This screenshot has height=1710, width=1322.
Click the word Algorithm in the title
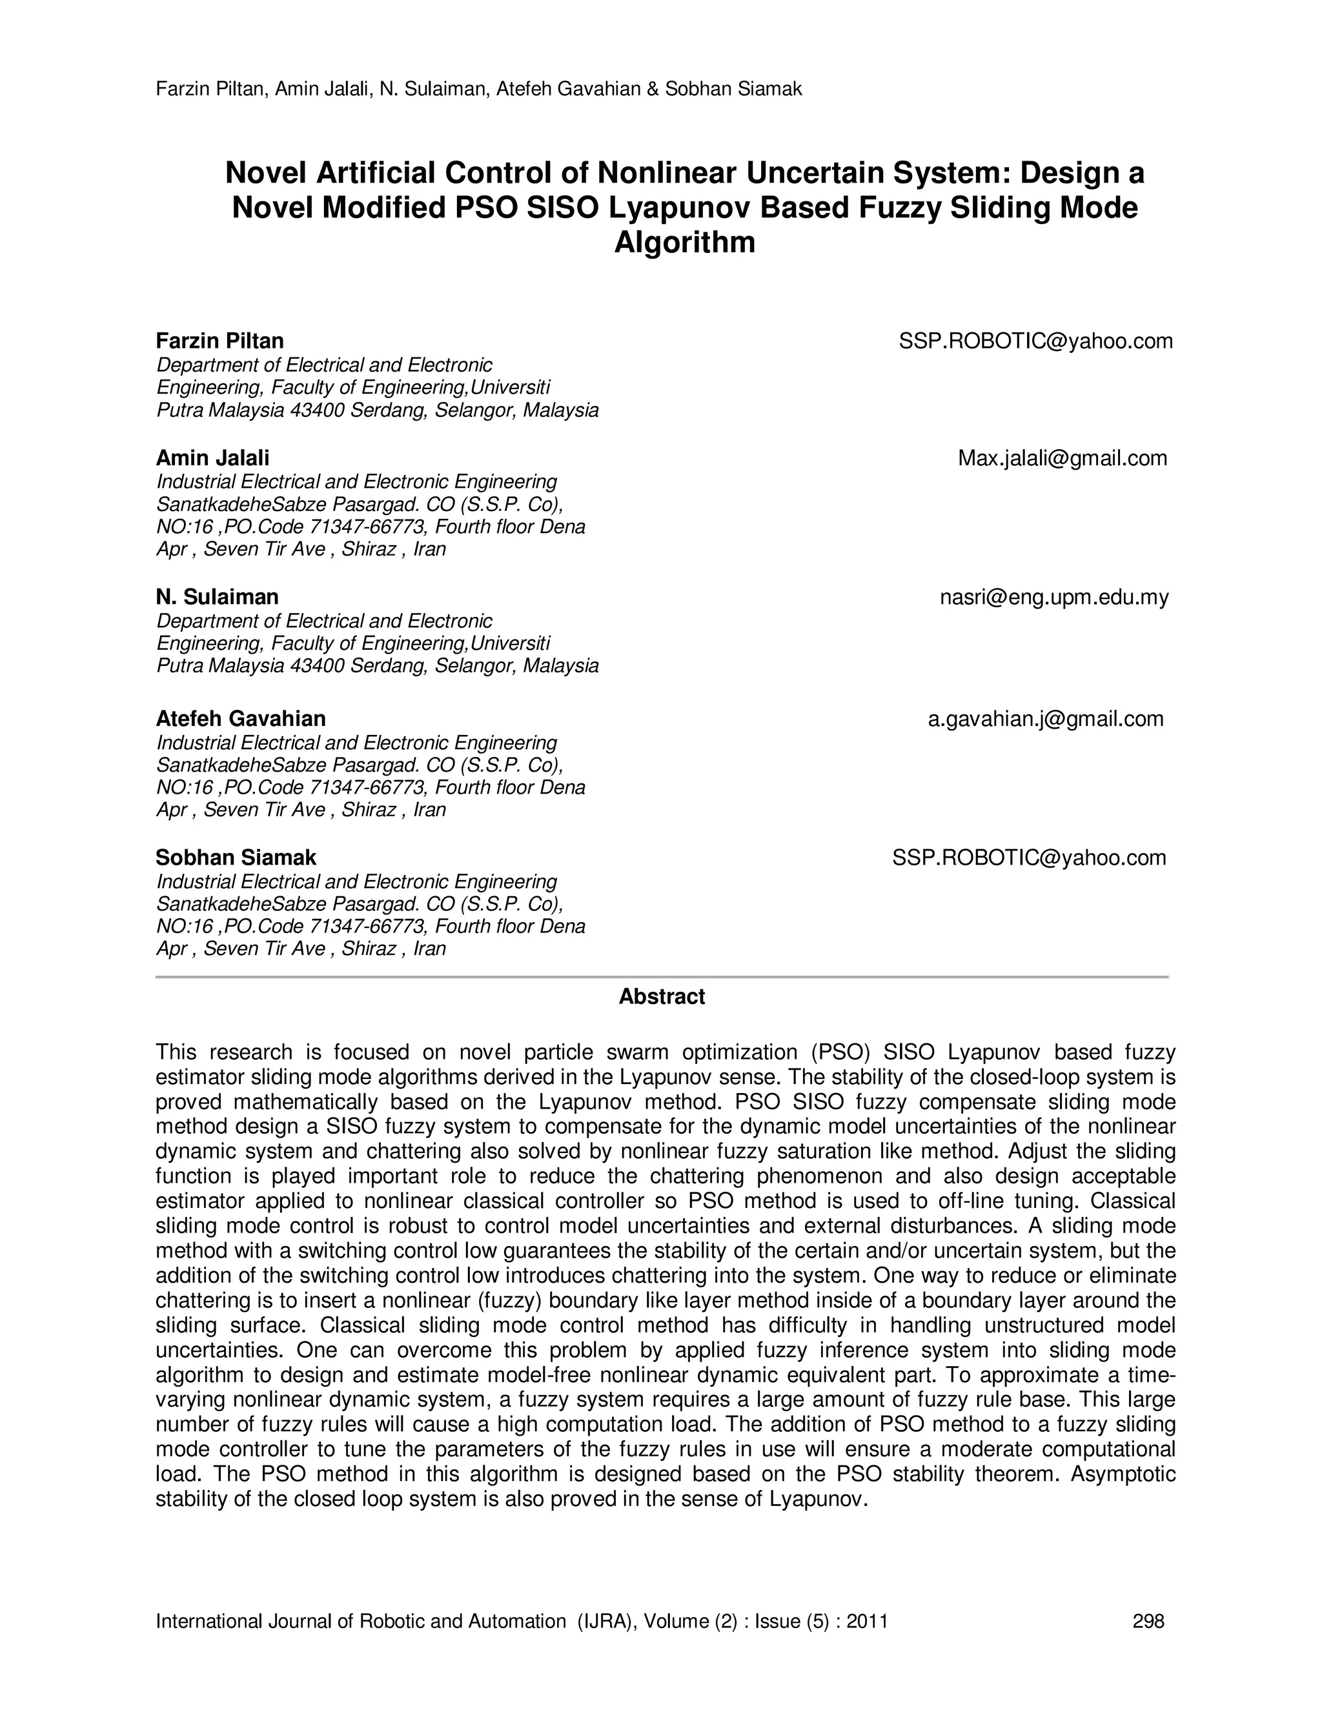pyautogui.click(x=684, y=243)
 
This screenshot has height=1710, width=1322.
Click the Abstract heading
pyautogui.click(x=661, y=997)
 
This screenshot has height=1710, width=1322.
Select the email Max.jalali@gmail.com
pyautogui.click(x=1062, y=459)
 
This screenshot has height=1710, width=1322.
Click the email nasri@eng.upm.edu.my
pyautogui.click(x=1053, y=598)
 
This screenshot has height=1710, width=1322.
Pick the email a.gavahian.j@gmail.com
pyautogui.click(x=1046, y=719)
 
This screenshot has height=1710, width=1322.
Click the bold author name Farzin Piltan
pyautogui.click(x=219, y=341)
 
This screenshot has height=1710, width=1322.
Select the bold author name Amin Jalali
pyautogui.click(x=212, y=458)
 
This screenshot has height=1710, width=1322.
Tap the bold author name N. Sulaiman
pyautogui.click(x=217, y=598)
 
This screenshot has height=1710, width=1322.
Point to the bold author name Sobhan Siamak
pyautogui.click(x=236, y=858)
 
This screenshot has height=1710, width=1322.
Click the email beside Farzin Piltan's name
pyautogui.click(x=1035, y=341)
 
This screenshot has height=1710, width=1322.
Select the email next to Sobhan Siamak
pyautogui.click(x=1029, y=858)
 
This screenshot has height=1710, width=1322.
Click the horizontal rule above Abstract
pyautogui.click(x=661, y=977)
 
